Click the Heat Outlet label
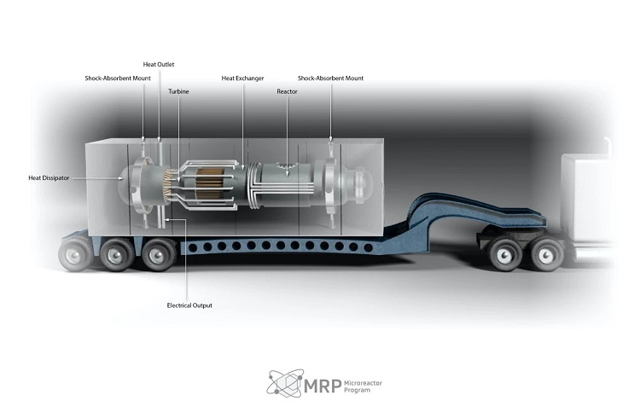(158, 64)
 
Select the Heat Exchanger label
(242, 78)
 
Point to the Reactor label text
(288, 90)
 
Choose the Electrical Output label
(189, 305)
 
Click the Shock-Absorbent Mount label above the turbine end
(118, 78)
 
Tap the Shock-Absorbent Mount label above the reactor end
(330, 78)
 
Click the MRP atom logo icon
(283, 384)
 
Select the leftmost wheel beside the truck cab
(502, 251)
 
